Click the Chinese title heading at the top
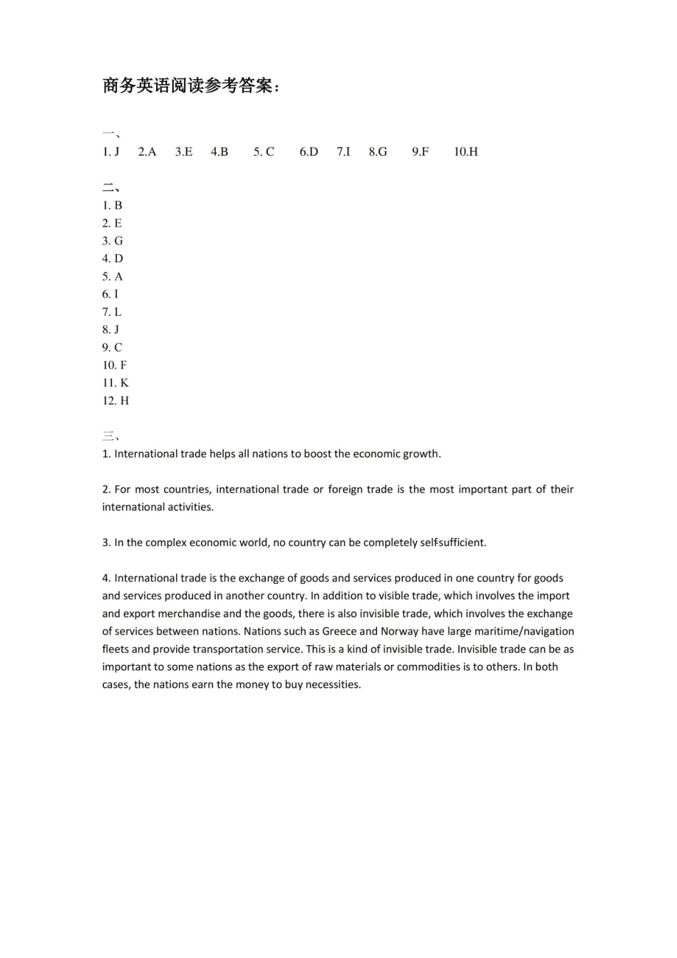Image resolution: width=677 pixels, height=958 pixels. tap(191, 86)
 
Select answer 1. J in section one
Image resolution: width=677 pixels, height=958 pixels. tap(110, 152)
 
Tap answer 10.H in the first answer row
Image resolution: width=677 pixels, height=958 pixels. tap(466, 152)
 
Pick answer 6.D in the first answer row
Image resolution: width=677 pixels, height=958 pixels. tap(309, 152)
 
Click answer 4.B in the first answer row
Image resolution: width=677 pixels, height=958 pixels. tap(219, 152)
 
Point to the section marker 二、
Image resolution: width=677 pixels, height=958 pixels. tap(110, 188)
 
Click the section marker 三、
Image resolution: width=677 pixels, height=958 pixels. tap(110, 436)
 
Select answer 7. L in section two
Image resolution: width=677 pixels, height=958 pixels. tap(112, 312)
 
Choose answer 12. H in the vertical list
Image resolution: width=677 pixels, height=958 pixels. tap(115, 401)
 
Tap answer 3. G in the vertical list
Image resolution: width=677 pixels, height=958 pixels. tap(113, 241)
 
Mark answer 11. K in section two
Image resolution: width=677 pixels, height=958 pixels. tap(115, 383)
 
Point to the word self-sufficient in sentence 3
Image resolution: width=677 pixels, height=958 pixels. tap(453, 542)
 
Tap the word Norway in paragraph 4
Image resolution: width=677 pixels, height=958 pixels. tap(399, 632)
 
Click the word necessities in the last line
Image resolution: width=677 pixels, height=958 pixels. tap(333, 685)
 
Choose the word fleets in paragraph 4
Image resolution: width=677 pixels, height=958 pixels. tap(115, 649)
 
